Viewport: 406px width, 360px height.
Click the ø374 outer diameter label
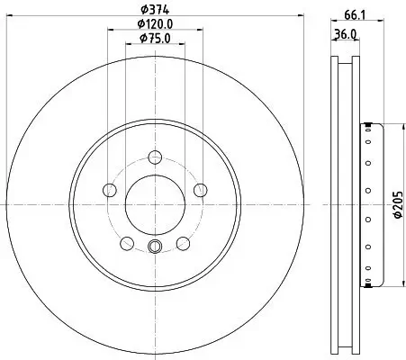pyautogui.click(x=154, y=10)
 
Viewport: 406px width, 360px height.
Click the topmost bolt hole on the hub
pyautogui.click(x=154, y=156)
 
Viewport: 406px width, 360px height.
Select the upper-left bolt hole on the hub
pyautogui.click(x=111, y=190)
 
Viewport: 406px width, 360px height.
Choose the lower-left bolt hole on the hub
pyautogui.click(x=127, y=243)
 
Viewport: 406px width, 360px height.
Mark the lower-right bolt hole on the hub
pyautogui.click(x=183, y=243)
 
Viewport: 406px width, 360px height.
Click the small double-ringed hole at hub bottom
pyautogui.click(x=154, y=248)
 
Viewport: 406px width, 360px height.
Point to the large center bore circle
pyautogui.click(x=154, y=202)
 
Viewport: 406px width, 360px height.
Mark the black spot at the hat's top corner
pyautogui.click(x=366, y=125)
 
